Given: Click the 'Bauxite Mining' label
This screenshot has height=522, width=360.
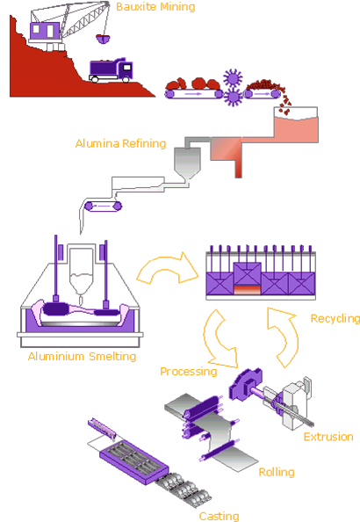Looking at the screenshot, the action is coord(155,7).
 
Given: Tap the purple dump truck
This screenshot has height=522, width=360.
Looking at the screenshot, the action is coord(111,70).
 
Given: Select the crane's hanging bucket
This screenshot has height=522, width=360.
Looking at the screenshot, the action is coord(103,40).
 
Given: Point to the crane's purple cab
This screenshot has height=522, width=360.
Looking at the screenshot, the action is coord(45,31).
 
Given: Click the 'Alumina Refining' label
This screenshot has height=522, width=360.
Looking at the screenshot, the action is coord(120,143).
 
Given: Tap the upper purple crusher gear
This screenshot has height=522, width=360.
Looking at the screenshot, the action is coord(233,78).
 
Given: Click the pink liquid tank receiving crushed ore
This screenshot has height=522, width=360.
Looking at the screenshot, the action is coord(296,125).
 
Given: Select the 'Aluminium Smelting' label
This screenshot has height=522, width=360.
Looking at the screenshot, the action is coord(82,357).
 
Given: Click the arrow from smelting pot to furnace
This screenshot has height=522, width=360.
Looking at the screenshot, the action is coord(166,268).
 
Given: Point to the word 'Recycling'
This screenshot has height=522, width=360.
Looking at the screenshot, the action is coord(335,319).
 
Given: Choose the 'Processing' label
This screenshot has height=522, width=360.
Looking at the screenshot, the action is coord(188,371).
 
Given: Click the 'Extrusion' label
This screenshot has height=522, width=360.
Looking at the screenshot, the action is coord(328,437).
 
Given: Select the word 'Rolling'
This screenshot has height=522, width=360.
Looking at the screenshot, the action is coord(277,472).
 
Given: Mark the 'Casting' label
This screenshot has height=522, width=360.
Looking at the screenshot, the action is coord(219,516).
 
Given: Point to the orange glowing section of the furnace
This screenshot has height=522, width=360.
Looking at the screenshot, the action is coord(248,290).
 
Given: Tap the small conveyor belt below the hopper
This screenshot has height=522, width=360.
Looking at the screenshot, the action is coord(103,206).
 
